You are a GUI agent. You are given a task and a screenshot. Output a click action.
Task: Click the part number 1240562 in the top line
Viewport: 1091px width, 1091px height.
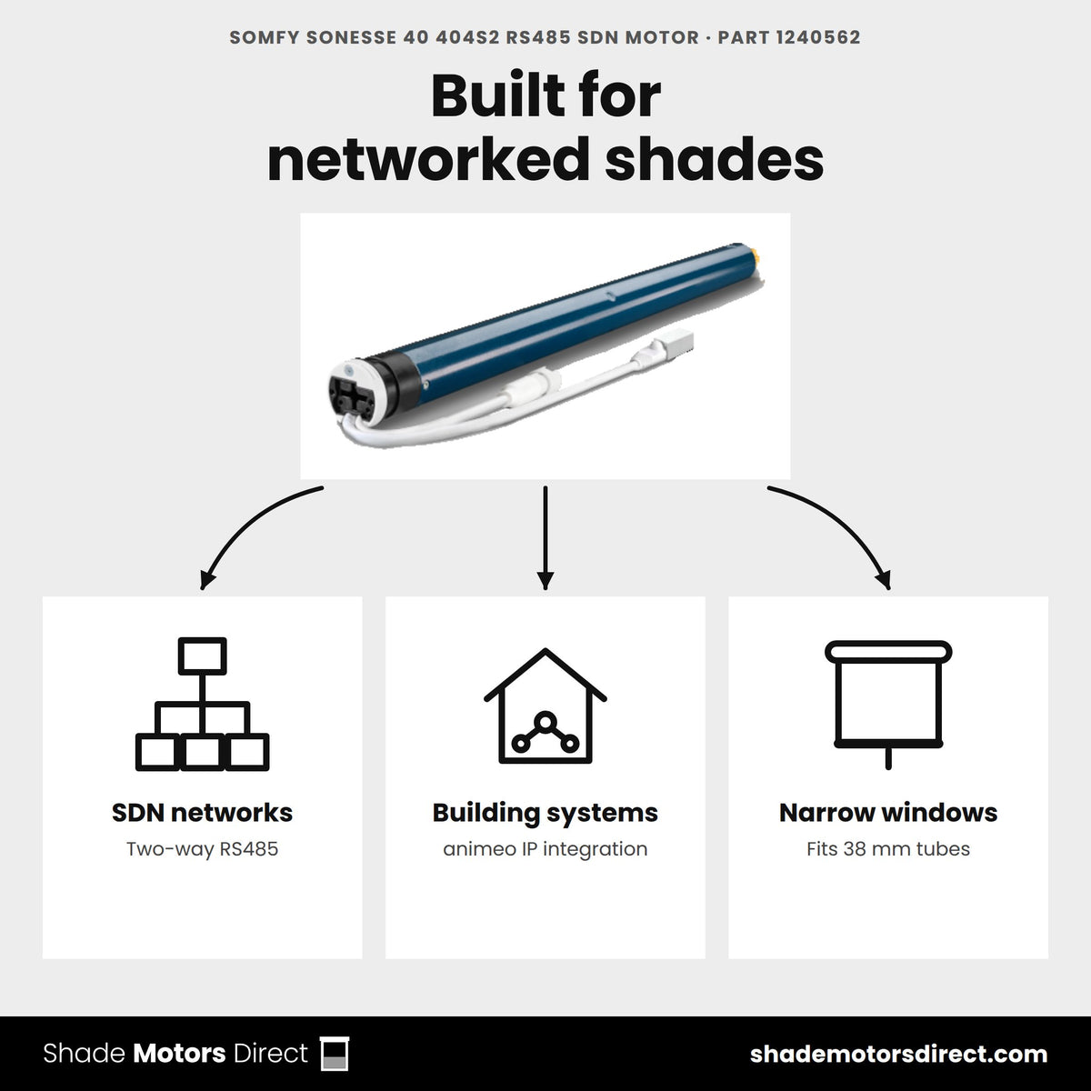[x=817, y=37]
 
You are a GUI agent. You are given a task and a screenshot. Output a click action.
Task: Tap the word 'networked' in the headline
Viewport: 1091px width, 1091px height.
[x=428, y=160]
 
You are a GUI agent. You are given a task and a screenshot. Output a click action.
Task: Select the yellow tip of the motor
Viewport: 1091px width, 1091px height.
[x=755, y=255]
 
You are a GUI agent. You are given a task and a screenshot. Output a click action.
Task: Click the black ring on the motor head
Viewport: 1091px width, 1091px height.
[x=396, y=376]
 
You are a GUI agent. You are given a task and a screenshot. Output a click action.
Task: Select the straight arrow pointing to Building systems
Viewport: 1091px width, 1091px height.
[x=545, y=538]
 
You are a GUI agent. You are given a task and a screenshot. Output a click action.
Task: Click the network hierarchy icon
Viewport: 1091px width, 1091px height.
[x=202, y=704]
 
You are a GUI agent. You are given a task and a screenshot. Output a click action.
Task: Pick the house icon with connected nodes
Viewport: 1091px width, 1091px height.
[x=545, y=706]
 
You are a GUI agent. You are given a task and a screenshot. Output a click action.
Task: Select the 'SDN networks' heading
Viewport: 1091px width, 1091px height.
[x=202, y=813]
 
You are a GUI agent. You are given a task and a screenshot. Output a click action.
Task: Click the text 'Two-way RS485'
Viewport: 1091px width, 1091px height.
[x=202, y=849]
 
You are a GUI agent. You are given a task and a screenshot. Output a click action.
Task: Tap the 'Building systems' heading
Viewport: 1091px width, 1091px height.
[x=545, y=814]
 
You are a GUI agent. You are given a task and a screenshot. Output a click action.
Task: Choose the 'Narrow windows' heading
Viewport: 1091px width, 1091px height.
[x=888, y=813]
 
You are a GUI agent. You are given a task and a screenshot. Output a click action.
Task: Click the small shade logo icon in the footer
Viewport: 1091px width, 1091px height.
[x=335, y=1054]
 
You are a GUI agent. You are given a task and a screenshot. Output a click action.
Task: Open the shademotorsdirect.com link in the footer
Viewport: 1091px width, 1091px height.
[x=898, y=1055]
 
